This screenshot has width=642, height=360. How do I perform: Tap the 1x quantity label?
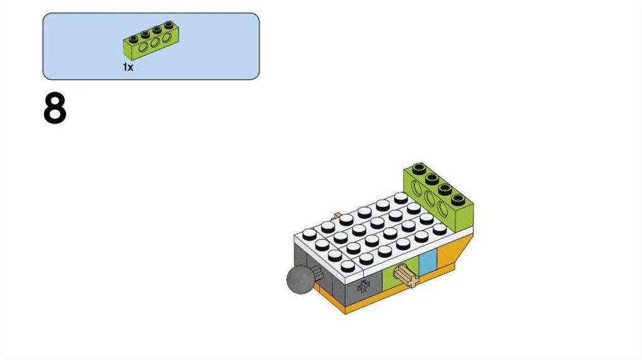(128, 67)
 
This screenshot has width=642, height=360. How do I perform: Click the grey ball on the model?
(300, 280)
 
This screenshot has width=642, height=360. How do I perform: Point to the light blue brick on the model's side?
(427, 263)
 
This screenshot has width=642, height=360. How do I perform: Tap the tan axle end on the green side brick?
(406, 275)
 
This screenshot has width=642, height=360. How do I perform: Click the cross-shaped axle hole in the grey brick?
(362, 287)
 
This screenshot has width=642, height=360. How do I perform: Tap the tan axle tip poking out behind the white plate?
(339, 215)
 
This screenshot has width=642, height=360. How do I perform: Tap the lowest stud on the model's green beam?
(460, 201)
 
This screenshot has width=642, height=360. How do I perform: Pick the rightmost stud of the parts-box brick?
(168, 24)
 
